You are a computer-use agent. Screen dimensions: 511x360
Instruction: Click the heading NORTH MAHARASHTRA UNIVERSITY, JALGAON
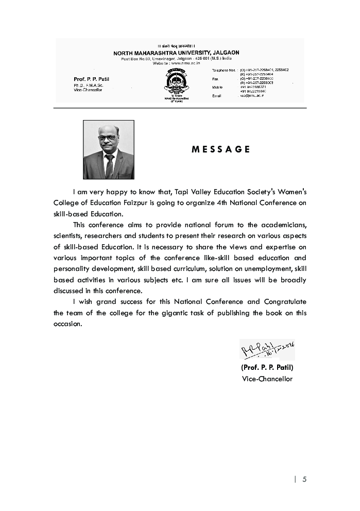(x=176, y=53)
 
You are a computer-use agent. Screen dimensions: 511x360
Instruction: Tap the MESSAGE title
(x=220, y=149)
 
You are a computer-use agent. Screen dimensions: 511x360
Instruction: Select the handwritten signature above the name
(x=266, y=350)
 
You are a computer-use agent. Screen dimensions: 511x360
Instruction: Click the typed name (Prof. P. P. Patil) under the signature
(x=267, y=367)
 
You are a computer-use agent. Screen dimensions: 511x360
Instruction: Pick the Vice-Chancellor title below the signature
(x=267, y=379)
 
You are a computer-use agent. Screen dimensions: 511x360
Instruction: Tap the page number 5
(x=304, y=479)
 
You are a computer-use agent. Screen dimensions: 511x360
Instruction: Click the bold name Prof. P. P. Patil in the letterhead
(x=91, y=79)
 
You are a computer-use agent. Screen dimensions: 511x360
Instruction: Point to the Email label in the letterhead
(x=216, y=96)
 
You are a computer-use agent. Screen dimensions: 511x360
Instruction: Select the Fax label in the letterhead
(x=215, y=79)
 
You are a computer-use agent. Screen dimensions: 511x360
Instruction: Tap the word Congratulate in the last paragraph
(x=285, y=301)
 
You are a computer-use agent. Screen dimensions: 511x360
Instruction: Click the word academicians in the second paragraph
(x=284, y=225)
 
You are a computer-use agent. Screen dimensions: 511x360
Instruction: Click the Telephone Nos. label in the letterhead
(x=223, y=70)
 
